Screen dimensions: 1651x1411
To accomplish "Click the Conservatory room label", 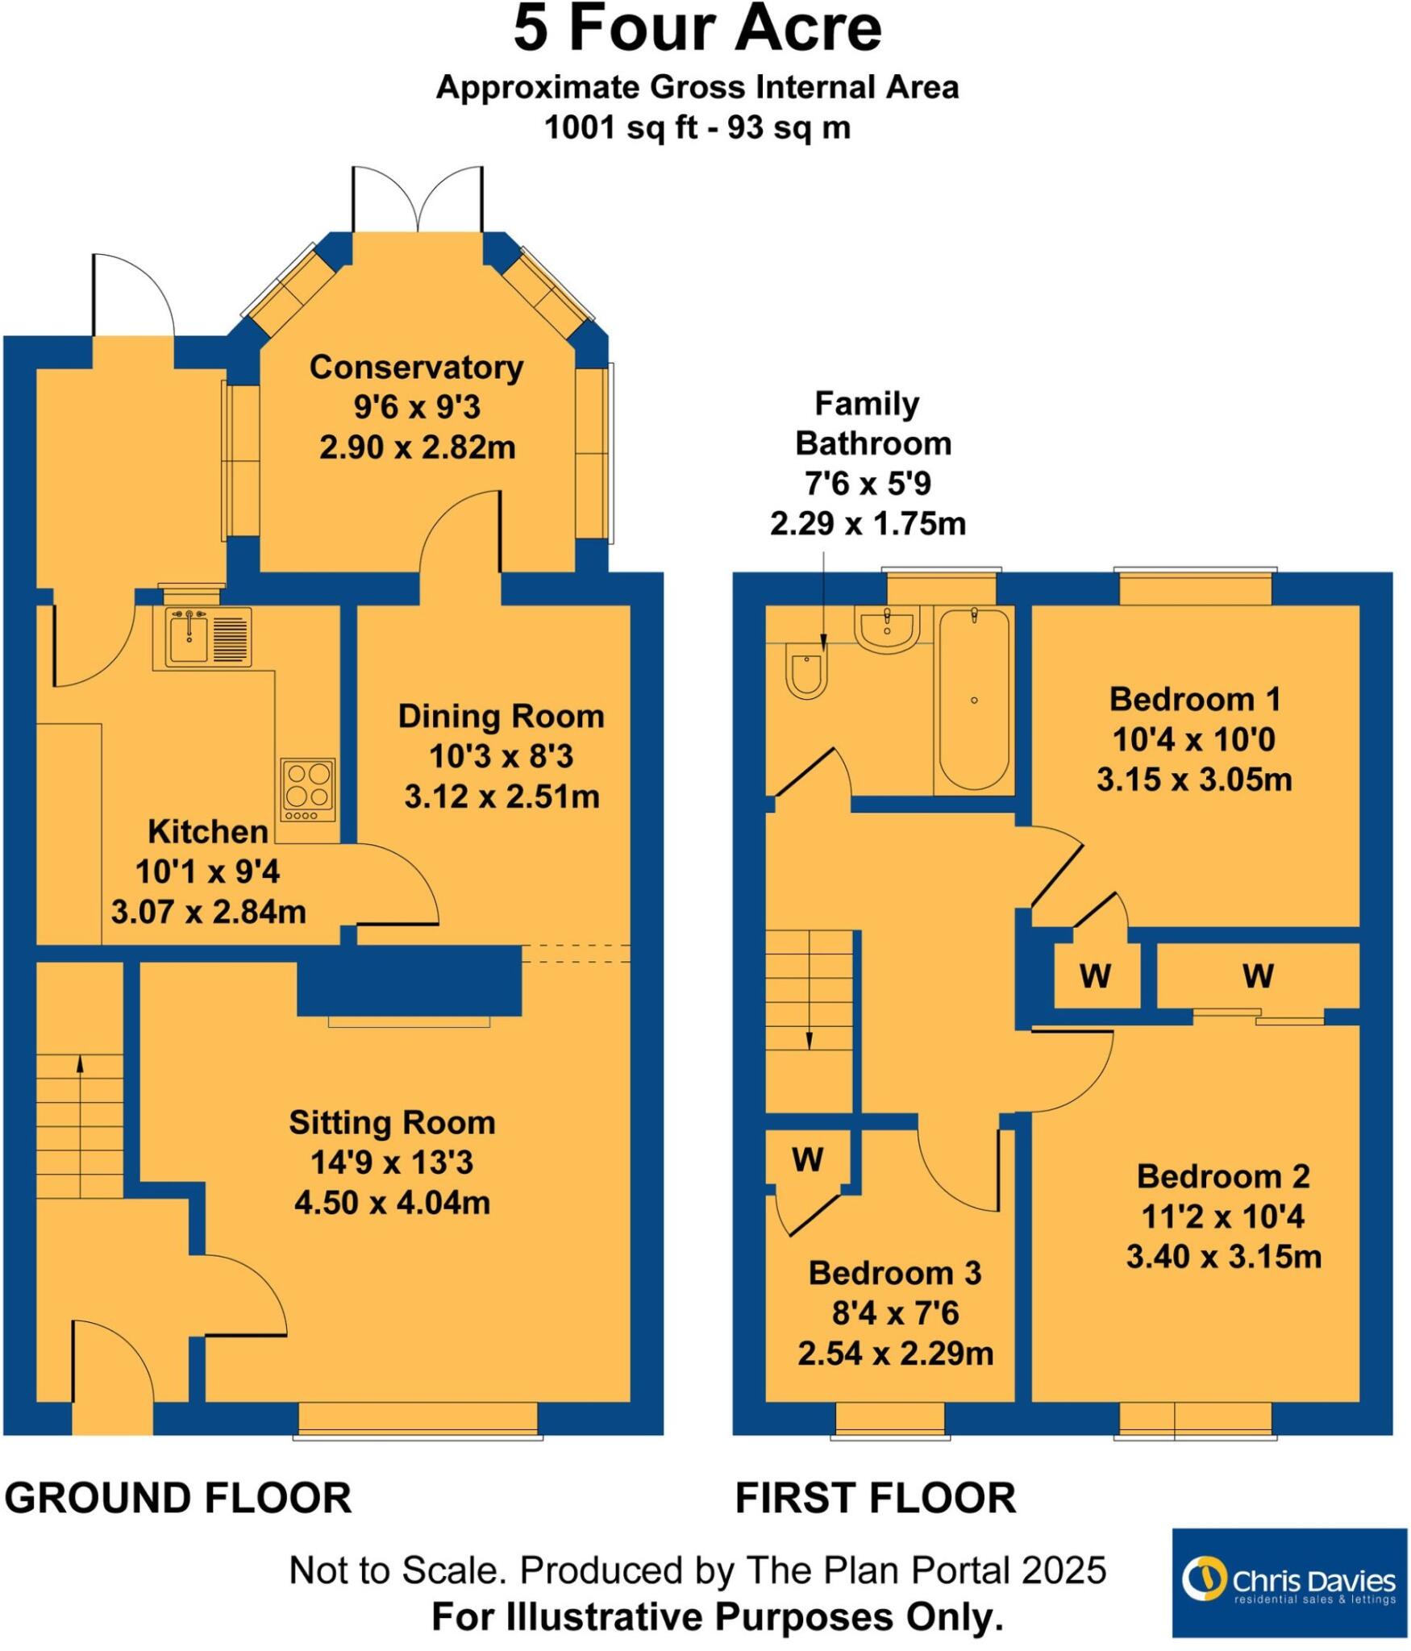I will (416, 368).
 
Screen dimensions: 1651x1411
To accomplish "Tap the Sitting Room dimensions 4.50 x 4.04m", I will (392, 1203).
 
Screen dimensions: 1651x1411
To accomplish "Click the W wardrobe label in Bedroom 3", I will (807, 1160).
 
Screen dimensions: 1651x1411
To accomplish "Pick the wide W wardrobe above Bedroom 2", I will (1258, 976).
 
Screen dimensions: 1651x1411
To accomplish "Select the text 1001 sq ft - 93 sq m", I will (697, 128).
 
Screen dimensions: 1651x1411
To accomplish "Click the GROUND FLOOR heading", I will (178, 1499).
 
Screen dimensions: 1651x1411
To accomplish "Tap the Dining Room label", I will (501, 717).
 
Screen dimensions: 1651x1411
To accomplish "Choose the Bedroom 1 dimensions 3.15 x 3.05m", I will (1194, 780).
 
